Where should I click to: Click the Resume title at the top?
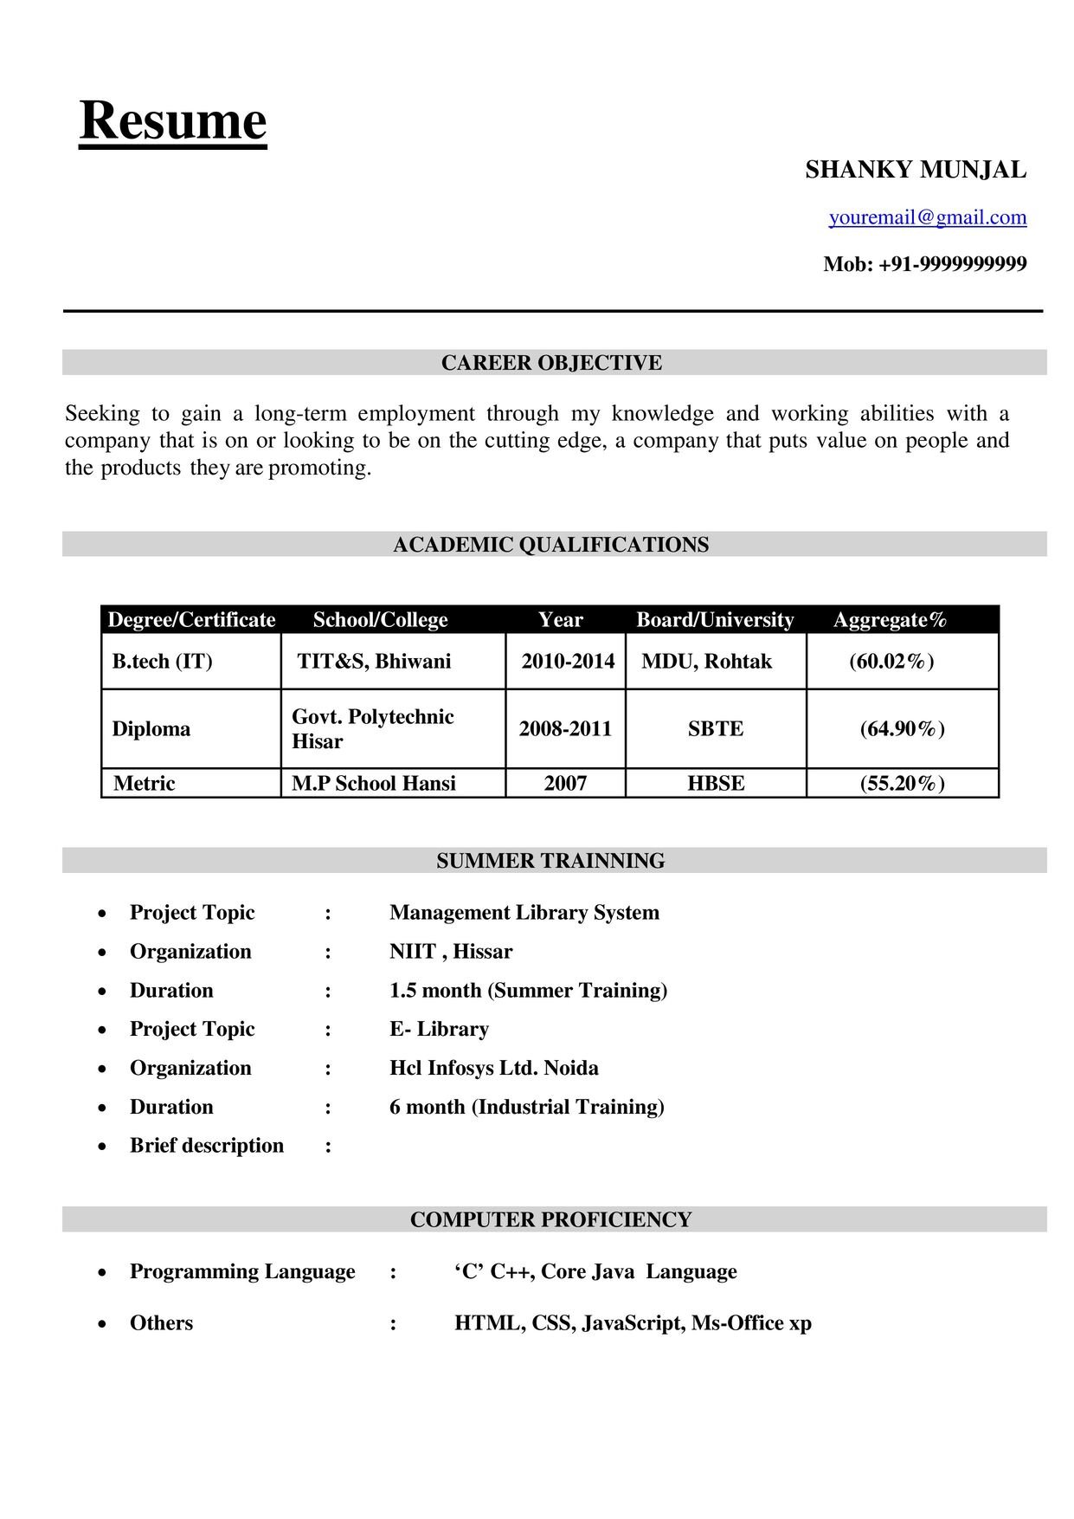[x=173, y=121]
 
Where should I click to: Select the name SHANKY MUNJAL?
[x=916, y=170]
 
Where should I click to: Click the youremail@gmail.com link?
[x=928, y=217]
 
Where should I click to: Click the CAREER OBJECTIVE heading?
[x=551, y=363]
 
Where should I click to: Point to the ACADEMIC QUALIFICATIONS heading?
[x=550, y=545]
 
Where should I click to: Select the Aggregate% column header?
[x=890, y=620]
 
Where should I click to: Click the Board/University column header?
[x=715, y=620]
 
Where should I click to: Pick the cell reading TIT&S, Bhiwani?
[x=374, y=662]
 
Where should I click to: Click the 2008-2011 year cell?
[x=565, y=729]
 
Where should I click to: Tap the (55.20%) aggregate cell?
[x=902, y=784]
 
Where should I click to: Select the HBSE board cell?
[x=716, y=784]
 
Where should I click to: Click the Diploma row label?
[x=151, y=729]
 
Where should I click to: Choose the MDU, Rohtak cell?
[x=706, y=662]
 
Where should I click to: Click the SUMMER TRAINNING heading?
[x=550, y=861]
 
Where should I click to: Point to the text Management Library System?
[x=524, y=913]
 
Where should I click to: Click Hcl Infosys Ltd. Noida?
[x=494, y=1068]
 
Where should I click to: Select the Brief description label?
[x=207, y=1146]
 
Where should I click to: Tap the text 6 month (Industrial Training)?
[x=527, y=1107]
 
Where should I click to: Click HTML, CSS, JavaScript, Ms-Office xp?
[x=633, y=1323]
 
